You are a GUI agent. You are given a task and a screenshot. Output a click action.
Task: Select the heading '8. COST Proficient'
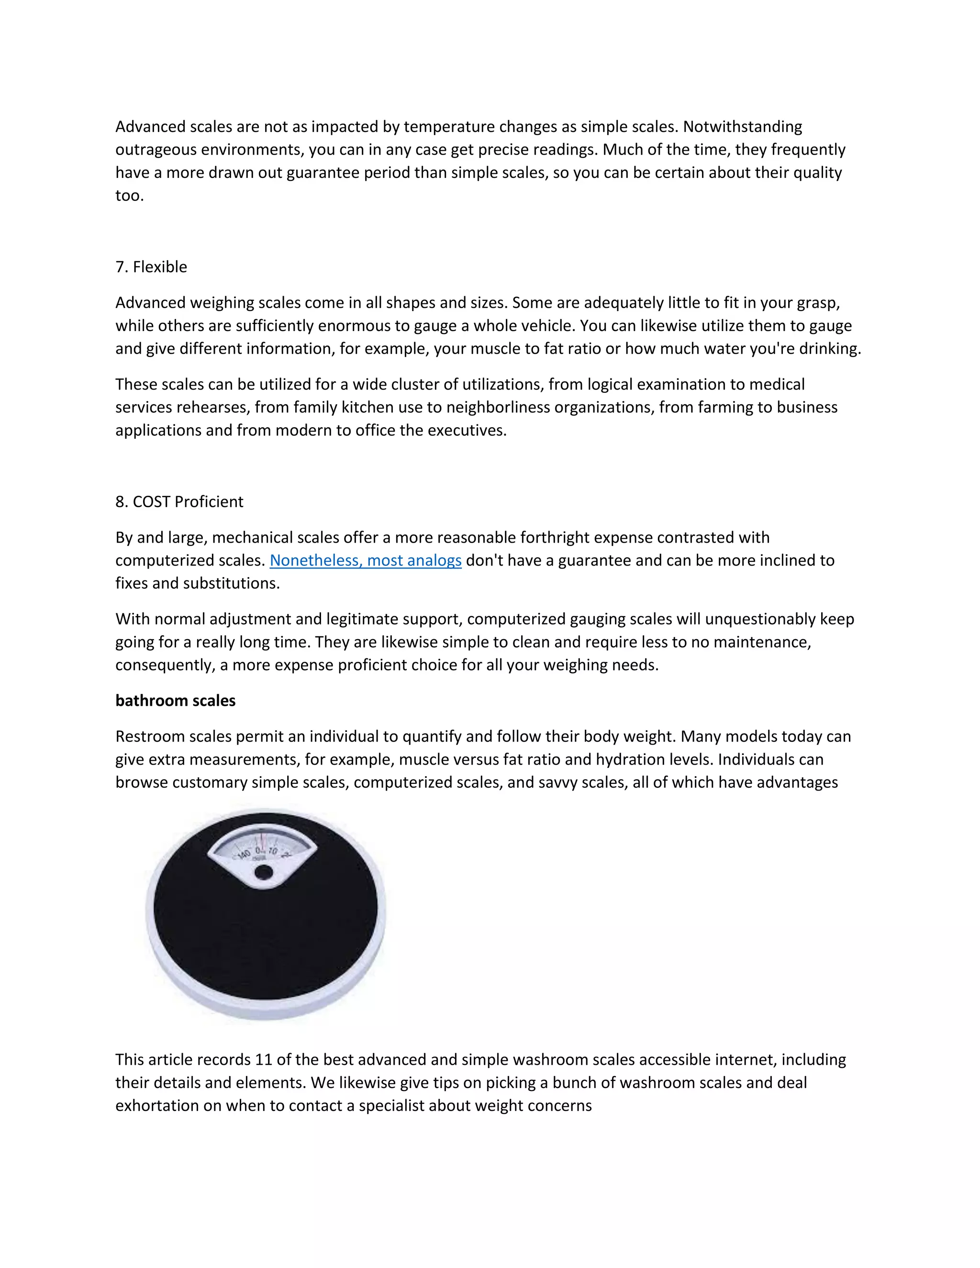[x=179, y=501]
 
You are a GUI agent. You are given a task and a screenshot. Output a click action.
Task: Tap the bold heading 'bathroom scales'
[x=175, y=701]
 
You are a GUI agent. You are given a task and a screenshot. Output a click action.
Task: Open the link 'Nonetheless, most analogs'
[x=365, y=560]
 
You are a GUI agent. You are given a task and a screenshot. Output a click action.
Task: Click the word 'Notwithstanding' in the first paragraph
[x=743, y=127]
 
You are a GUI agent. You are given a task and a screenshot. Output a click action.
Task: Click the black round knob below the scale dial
[x=263, y=871]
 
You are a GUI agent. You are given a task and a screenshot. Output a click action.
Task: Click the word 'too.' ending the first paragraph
[x=129, y=196]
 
